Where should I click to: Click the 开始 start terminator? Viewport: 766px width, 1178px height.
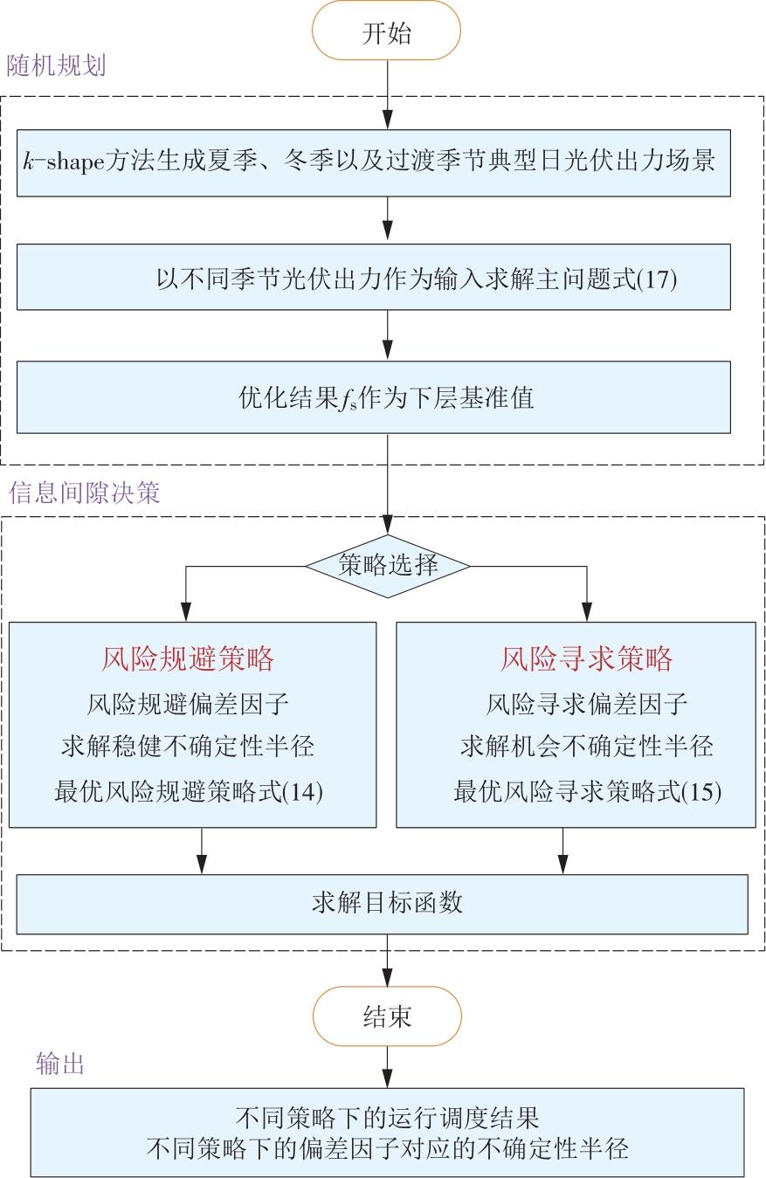coord(386,33)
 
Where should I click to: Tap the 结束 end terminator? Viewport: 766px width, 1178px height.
coord(386,1016)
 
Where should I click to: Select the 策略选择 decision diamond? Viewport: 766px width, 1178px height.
coord(387,566)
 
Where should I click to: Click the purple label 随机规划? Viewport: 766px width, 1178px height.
coord(57,66)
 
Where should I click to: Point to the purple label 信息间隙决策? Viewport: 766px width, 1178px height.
coord(85,493)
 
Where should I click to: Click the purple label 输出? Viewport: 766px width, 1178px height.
coord(60,1063)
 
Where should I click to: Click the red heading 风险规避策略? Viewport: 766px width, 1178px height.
coord(188,658)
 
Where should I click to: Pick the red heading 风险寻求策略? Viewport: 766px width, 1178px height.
coord(587,658)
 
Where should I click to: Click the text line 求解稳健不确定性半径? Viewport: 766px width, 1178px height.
coord(188,747)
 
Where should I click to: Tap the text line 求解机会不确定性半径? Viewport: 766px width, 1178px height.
coord(587,747)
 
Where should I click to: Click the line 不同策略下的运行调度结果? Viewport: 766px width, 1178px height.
coord(387,1117)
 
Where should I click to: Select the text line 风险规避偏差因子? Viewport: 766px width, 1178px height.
coord(188,703)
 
